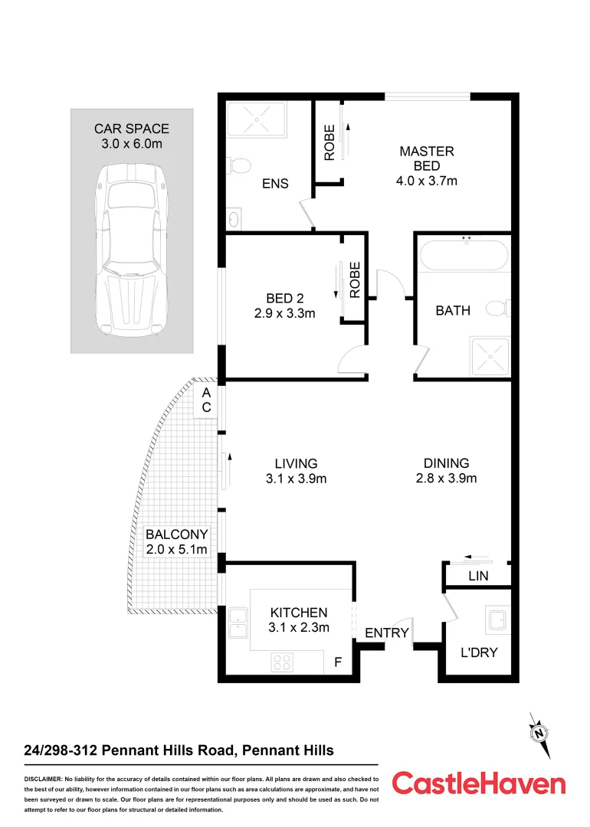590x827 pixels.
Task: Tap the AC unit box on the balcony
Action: pyautogui.click(x=206, y=400)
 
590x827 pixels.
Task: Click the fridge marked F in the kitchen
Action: pyautogui.click(x=337, y=662)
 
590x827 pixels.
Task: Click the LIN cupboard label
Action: pyautogui.click(x=478, y=575)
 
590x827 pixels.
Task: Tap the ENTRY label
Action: pyautogui.click(x=386, y=633)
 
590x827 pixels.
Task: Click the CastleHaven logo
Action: pyautogui.click(x=479, y=783)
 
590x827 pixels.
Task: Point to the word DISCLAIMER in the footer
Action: pyautogui.click(x=48, y=778)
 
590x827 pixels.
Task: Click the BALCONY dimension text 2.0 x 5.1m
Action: pyautogui.click(x=177, y=550)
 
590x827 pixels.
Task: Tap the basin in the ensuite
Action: pyautogui.click(x=234, y=219)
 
